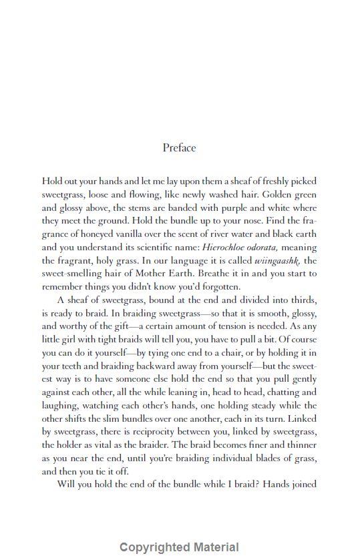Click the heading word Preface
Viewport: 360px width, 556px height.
(x=179, y=148)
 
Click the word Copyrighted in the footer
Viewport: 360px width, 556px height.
(x=153, y=547)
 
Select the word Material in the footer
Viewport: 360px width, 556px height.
(x=213, y=547)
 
